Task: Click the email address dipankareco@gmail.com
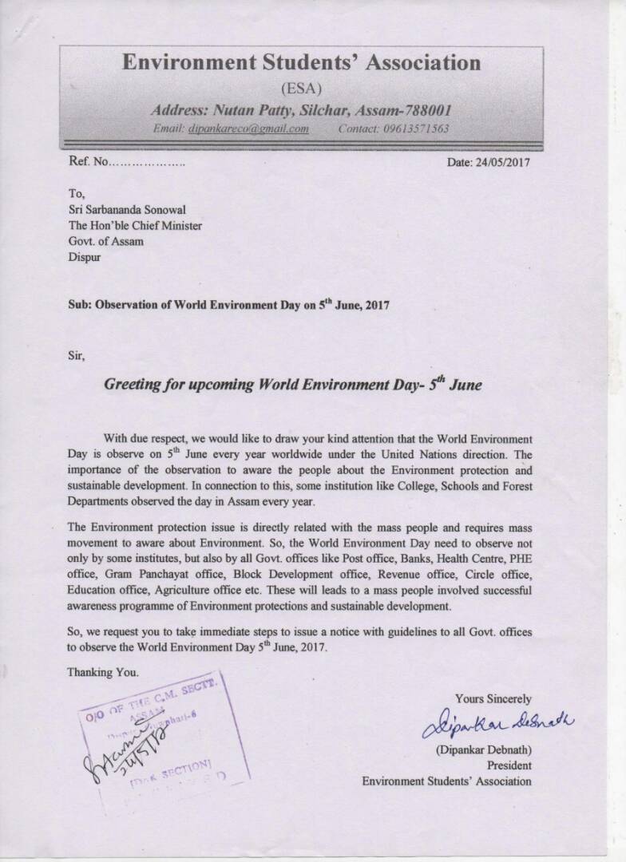point(248,129)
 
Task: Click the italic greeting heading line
point(294,384)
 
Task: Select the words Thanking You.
point(103,673)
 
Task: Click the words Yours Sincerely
point(493,699)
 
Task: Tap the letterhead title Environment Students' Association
point(302,62)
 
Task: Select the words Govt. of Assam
point(106,242)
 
